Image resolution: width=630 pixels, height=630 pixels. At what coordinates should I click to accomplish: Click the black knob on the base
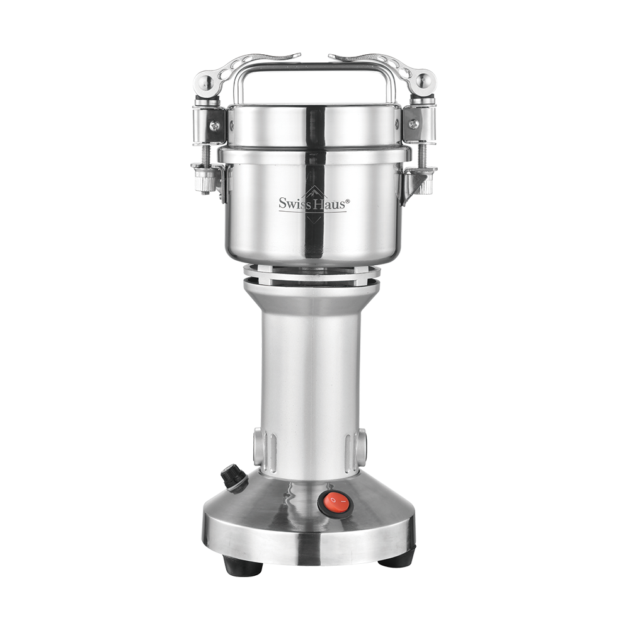[234, 478]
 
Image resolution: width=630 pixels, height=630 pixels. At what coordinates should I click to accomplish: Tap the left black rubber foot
[243, 565]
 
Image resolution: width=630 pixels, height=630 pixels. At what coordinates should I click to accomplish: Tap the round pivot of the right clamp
[424, 81]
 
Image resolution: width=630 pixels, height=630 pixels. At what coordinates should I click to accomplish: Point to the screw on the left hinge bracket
[215, 125]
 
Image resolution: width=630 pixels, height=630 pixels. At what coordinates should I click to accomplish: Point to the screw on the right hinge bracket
[413, 124]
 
